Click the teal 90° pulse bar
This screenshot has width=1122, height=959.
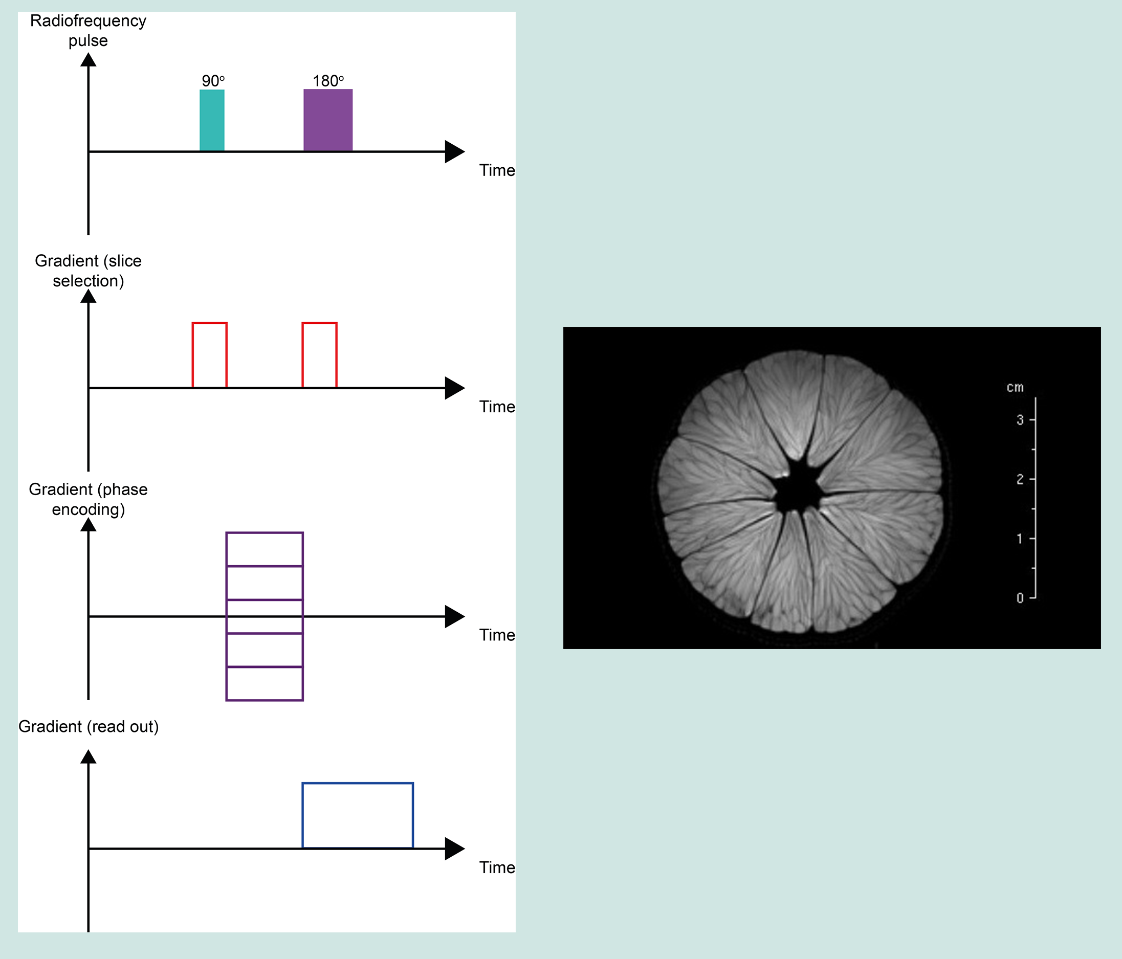click(x=212, y=120)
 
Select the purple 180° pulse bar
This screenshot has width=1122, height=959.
click(x=327, y=120)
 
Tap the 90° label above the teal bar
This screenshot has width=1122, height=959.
click(x=213, y=81)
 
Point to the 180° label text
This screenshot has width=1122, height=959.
click(x=327, y=81)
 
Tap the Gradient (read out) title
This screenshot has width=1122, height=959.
click(x=89, y=726)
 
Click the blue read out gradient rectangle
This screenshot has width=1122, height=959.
click(x=358, y=815)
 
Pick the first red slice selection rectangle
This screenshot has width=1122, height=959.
click(x=210, y=355)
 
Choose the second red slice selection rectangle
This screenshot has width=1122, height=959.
click(x=319, y=355)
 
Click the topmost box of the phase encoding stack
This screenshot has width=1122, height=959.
click(x=264, y=549)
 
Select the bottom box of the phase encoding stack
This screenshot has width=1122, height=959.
click(x=264, y=683)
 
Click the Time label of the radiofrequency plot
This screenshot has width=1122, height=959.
click(x=497, y=170)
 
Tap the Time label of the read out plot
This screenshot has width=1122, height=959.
click(x=497, y=867)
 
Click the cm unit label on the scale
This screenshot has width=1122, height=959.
click(x=1015, y=388)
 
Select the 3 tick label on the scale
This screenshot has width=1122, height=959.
click(x=1020, y=419)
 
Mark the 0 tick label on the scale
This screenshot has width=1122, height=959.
click(x=1020, y=598)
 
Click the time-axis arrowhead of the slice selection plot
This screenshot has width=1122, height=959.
click(x=454, y=388)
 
